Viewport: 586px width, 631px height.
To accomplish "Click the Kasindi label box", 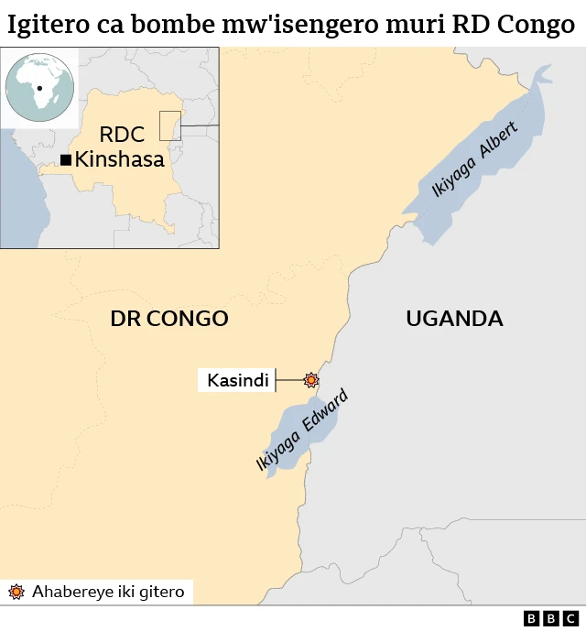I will [x=238, y=380].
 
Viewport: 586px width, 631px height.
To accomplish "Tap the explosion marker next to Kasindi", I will [x=312, y=379].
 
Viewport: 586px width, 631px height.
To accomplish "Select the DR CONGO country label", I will [x=168, y=319].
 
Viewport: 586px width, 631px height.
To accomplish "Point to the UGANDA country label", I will [x=454, y=319].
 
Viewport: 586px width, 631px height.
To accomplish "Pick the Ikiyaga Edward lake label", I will [x=302, y=430].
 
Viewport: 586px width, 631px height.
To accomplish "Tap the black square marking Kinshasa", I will [x=66, y=160].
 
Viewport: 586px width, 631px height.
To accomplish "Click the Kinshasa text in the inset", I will [x=120, y=159].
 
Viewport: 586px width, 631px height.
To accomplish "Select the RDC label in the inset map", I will [x=122, y=135].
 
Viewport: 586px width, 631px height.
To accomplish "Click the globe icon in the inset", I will [x=38, y=88].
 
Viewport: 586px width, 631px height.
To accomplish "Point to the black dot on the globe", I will [x=40, y=89].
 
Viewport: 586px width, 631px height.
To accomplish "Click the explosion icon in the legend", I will [x=16, y=592].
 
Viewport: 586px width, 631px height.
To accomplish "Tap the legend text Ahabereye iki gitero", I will [x=108, y=592].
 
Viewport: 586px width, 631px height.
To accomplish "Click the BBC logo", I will [x=551, y=618].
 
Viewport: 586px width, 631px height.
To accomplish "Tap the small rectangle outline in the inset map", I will [x=170, y=125].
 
